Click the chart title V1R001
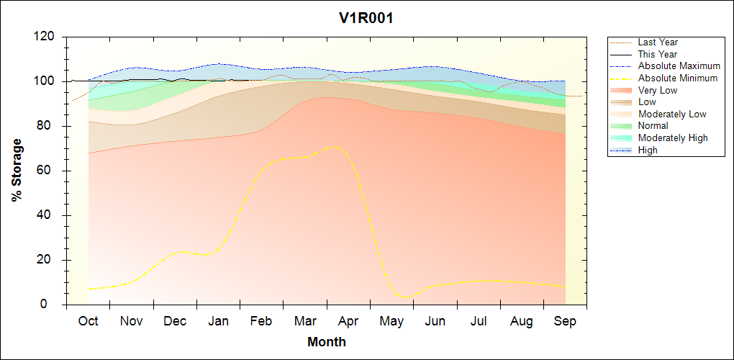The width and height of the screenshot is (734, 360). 366,19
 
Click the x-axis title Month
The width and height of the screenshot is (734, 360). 326,342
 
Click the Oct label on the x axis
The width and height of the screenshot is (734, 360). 88,321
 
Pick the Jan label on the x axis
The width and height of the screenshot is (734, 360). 218,321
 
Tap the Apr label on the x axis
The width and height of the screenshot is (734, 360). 348,321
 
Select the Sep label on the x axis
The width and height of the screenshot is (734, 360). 565,321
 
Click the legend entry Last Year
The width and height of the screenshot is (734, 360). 657,42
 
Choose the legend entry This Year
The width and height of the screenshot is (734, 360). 657,54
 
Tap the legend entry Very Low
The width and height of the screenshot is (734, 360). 657,90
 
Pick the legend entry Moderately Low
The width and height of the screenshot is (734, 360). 672,114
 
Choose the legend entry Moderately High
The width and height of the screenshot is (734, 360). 673,138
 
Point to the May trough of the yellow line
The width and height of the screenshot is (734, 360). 406,297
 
